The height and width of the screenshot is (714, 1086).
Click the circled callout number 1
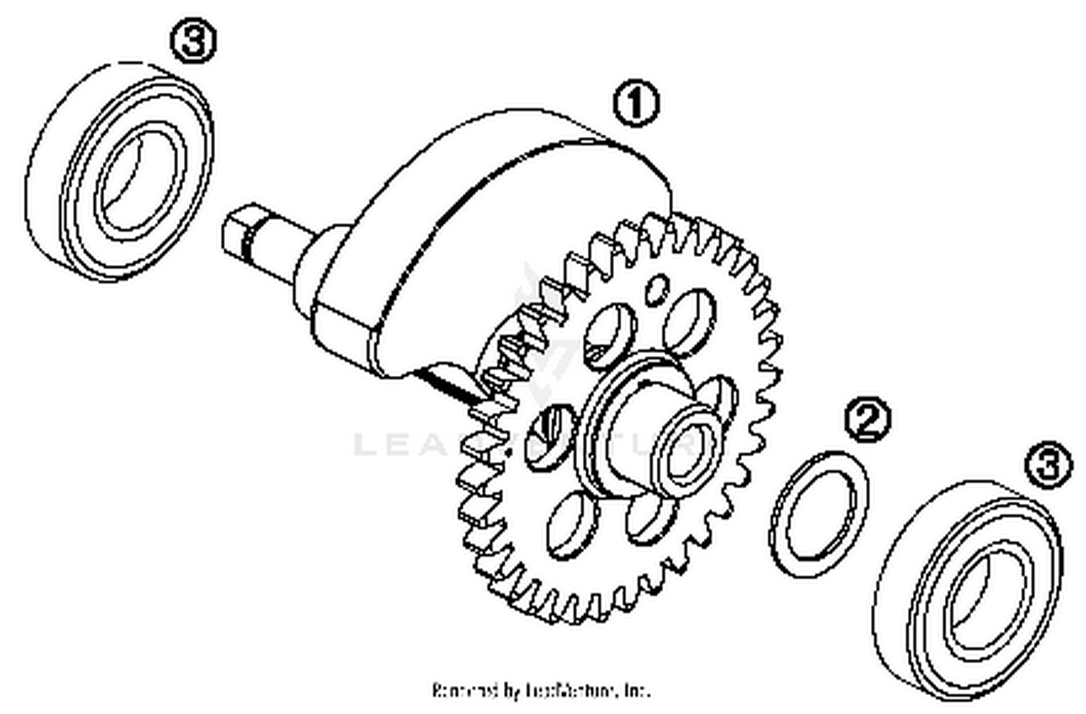(636, 104)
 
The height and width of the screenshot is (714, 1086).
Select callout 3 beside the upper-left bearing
(193, 42)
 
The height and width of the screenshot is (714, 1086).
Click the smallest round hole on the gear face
(657, 289)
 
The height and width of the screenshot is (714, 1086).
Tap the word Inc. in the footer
(637, 690)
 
